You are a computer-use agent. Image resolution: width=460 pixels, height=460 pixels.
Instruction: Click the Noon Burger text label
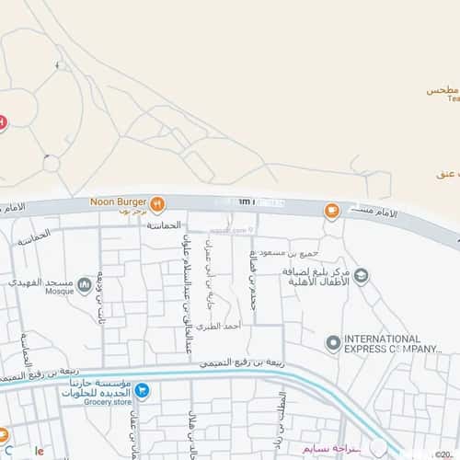120,202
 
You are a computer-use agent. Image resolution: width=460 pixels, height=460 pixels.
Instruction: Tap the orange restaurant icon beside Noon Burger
157,203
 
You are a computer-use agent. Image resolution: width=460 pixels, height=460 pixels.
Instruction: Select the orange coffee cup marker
330,211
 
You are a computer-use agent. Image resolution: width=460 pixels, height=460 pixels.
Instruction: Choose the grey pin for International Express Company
333,343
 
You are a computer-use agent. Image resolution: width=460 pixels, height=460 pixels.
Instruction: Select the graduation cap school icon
362,275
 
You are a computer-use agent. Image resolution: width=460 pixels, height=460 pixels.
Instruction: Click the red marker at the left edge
3,121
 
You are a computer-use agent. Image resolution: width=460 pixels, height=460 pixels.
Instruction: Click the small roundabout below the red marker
51,162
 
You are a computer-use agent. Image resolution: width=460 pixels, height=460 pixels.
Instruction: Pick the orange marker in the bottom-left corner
4,435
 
